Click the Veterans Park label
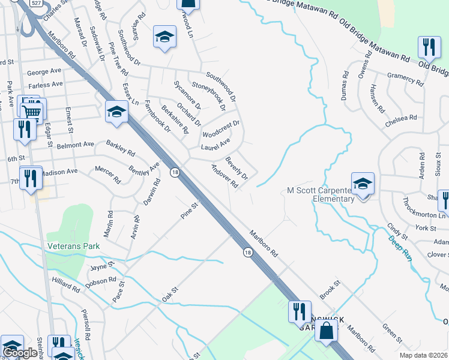click(x=74, y=246)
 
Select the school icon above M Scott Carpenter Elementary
click(x=363, y=184)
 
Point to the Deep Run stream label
click(x=400, y=248)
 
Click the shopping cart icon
click(x=33, y=111)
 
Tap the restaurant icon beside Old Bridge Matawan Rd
click(x=429, y=47)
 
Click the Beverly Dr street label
click(x=237, y=168)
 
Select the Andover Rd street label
click(x=224, y=176)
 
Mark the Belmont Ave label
click(x=76, y=145)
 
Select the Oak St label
click(x=170, y=295)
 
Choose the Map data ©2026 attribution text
click(x=424, y=355)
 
